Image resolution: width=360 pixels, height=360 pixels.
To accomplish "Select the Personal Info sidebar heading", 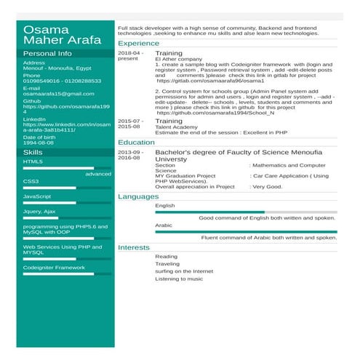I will pyautogui.click(x=47, y=54).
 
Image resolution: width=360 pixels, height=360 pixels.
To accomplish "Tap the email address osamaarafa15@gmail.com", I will pyautogui.click(x=59, y=94).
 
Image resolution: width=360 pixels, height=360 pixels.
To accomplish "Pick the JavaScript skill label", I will pyautogui.click(x=37, y=196).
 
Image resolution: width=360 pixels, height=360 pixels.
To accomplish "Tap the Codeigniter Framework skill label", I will pyautogui.click(x=54, y=267).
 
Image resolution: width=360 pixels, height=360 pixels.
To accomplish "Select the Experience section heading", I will pyautogui.click(x=138, y=44).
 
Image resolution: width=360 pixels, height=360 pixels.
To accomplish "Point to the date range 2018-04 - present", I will pyautogui.click(x=131, y=56).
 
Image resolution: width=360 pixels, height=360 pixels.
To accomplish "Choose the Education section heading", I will pyautogui.click(x=136, y=143).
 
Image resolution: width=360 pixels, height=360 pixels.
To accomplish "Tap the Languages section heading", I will pyautogui.click(x=138, y=197).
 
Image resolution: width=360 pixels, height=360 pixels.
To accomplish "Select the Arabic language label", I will pyautogui.click(x=164, y=225).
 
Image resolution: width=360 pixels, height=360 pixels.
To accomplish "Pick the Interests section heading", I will pyautogui.click(x=134, y=247).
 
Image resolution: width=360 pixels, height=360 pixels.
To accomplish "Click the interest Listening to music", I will pyautogui.click(x=179, y=279).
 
